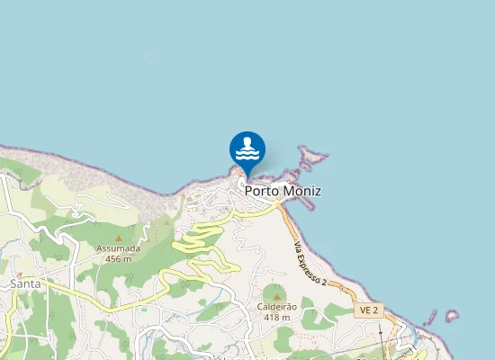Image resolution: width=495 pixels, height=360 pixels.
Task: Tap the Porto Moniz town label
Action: click(x=283, y=192)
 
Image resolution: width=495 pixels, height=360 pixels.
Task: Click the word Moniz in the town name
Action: click(x=301, y=192)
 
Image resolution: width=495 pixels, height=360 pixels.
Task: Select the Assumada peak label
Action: click(x=118, y=248)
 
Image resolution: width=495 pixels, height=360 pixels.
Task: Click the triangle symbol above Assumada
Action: click(x=118, y=238)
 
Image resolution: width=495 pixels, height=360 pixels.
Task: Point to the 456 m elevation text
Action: click(x=118, y=258)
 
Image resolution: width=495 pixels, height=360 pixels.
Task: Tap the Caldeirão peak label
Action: click(x=276, y=307)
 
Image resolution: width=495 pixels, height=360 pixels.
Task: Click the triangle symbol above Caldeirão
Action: click(x=276, y=295)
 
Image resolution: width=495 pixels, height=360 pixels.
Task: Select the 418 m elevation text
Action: click(x=276, y=317)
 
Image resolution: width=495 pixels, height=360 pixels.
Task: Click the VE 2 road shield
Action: click(x=369, y=310)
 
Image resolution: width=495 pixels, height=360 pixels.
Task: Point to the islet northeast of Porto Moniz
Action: click(x=312, y=157)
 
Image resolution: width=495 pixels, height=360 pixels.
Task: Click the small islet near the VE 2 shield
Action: click(x=451, y=316)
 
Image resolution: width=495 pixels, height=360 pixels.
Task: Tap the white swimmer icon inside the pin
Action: click(x=247, y=147)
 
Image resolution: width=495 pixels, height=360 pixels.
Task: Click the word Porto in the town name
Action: click(x=262, y=192)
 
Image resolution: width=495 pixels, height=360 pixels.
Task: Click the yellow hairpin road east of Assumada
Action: click(x=198, y=238)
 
